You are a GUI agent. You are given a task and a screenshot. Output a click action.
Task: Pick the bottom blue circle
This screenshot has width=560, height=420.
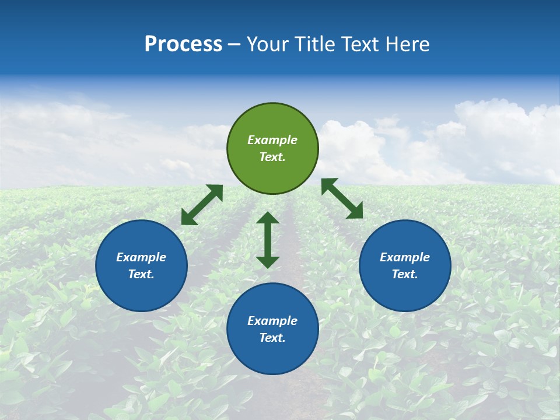coord(272,356)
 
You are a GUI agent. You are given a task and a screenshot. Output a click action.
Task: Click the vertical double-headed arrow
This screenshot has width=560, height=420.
coord(268,240)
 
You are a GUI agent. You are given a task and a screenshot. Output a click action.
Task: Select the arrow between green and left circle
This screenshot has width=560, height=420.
coord(202,205)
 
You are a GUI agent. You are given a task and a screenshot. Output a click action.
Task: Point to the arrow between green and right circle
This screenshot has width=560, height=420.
coord(342,198)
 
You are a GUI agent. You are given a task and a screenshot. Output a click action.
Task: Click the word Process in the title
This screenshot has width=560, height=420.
coord(183,44)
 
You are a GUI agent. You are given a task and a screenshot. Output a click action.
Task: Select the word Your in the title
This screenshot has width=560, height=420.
coord(267,44)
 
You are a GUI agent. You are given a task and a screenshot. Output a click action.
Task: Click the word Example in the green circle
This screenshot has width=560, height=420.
coord(272,140)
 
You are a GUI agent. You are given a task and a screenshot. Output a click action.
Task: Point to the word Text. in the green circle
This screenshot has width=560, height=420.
coord(272,157)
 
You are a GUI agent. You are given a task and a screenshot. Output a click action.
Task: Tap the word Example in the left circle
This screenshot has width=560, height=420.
coord(141,257)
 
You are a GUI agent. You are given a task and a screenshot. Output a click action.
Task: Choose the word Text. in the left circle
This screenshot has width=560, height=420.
coord(141,274)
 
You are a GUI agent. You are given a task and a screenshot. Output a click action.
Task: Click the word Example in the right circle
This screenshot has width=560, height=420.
coord(405,257)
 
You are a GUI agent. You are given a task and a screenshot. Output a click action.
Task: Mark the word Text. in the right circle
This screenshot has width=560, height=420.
coord(405,274)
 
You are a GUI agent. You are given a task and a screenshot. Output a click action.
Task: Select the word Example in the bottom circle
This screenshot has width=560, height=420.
coord(272,321)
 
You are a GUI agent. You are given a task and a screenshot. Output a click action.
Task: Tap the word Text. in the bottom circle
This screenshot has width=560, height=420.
coord(272,338)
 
